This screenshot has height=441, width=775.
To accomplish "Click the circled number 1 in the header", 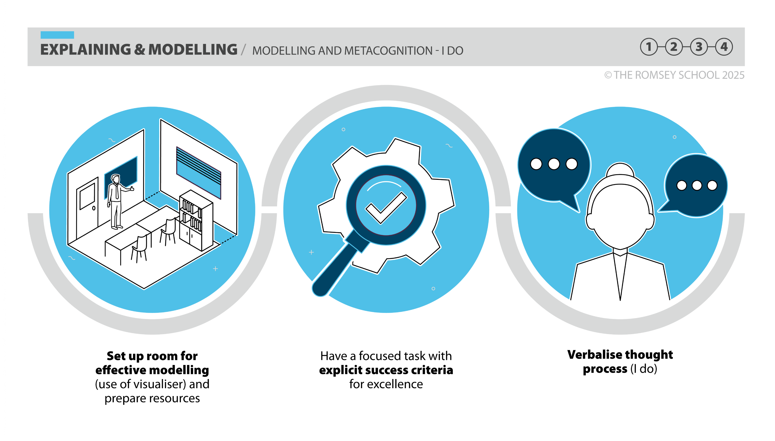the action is (x=649, y=47).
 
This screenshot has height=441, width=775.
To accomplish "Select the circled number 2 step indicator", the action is (x=674, y=47).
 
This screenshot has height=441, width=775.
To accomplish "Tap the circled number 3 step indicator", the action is (x=699, y=47).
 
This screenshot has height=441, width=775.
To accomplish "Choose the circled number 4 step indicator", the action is (x=724, y=47).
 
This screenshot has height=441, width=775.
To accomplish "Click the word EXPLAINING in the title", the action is (x=86, y=50).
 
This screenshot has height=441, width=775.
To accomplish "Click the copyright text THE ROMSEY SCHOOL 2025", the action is (x=679, y=75).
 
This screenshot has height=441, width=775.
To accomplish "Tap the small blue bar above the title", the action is (x=57, y=35).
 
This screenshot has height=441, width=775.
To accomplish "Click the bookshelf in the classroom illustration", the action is (x=196, y=220).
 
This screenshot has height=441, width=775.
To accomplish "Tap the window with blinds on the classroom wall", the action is (x=199, y=173).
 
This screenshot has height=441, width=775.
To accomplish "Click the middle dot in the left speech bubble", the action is (x=554, y=164).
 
